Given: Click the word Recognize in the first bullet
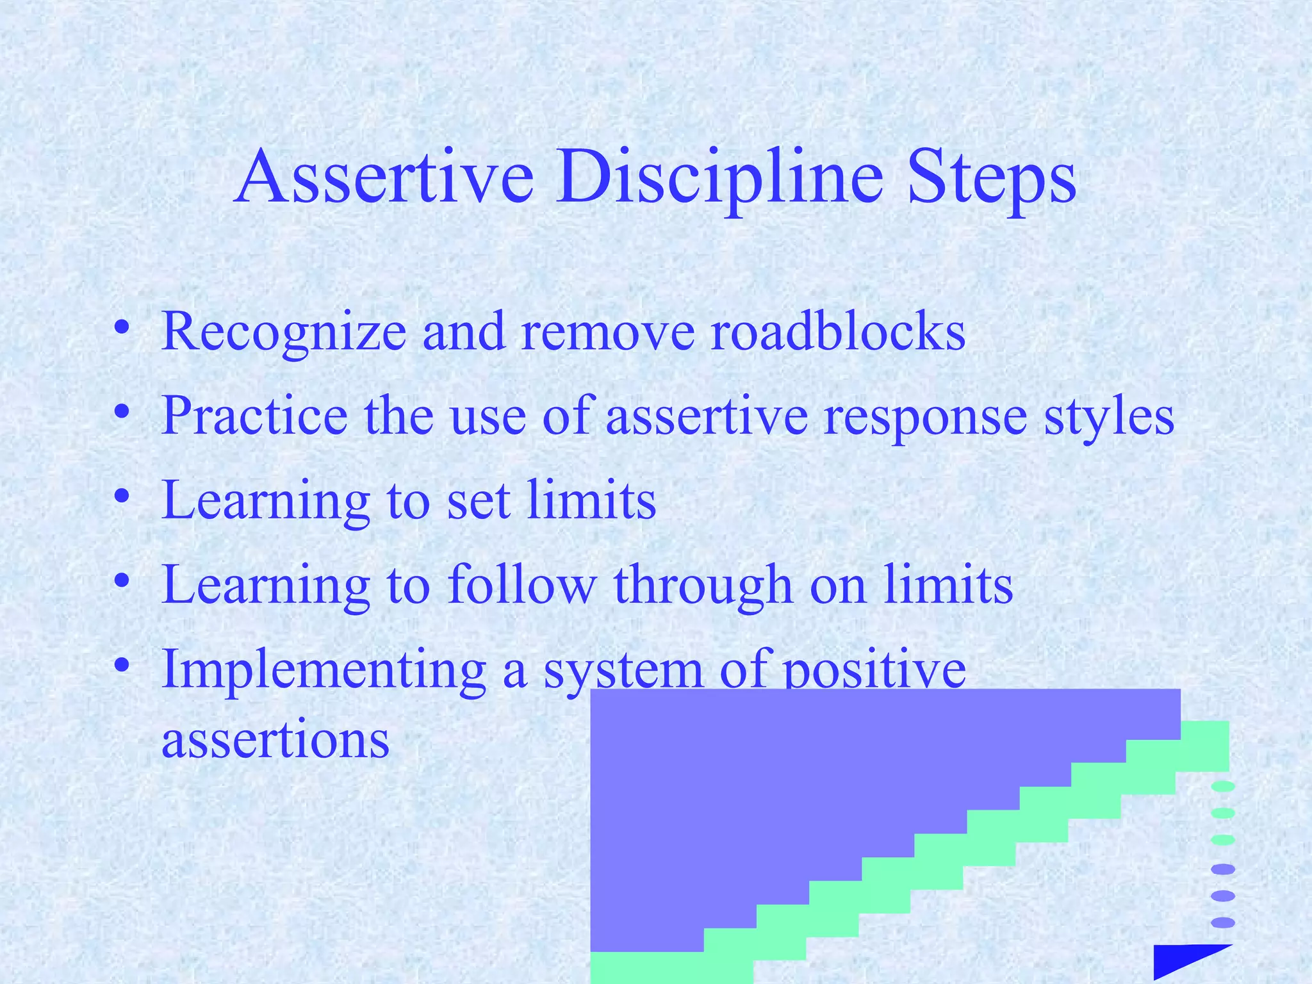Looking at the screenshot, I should [284, 332].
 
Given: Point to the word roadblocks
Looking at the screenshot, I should [838, 332].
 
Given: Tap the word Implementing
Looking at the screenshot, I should [324, 671].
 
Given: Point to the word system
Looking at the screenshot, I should [623, 671].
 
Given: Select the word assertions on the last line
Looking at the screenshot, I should [275, 740].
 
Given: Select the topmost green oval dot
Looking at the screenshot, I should [1223, 787].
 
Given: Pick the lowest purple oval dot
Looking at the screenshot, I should [1223, 922].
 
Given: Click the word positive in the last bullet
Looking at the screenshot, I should [875, 671].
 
